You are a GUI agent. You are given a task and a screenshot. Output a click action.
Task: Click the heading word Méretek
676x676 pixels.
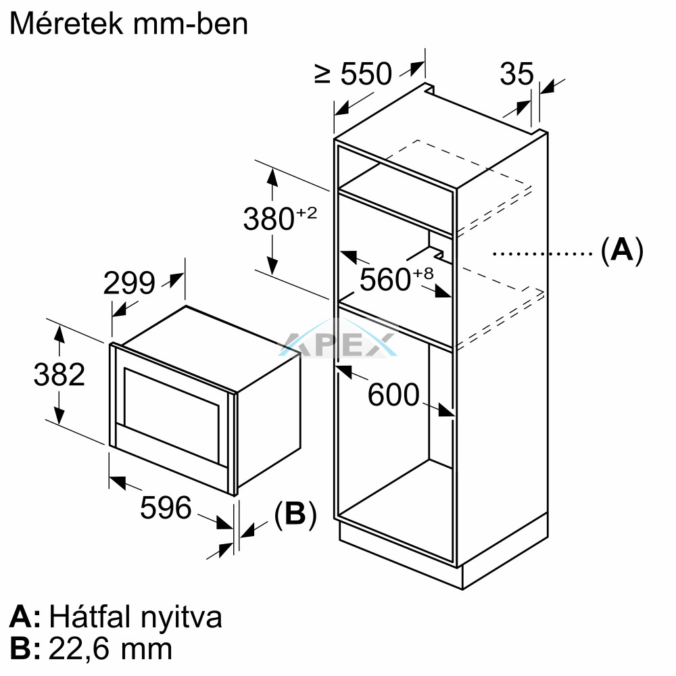point(67,24)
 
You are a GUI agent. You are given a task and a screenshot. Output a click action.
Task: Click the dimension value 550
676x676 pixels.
point(366,74)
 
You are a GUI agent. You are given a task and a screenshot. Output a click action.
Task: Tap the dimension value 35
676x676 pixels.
point(516,74)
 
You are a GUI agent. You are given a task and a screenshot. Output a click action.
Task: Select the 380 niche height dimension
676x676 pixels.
point(268,219)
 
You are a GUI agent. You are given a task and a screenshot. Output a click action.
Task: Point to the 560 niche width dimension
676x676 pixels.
point(385,279)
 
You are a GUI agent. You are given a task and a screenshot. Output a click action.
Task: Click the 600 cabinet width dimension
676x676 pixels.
point(393,394)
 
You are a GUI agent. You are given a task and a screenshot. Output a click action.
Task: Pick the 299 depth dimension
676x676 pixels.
point(129,283)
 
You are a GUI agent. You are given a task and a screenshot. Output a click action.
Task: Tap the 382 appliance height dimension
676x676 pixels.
point(59,375)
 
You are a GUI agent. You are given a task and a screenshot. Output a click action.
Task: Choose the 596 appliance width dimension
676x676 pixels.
point(166,508)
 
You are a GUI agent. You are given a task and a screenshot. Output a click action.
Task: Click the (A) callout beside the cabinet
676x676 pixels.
point(622,250)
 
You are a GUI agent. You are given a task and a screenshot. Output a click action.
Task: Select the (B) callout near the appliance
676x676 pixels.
point(295,514)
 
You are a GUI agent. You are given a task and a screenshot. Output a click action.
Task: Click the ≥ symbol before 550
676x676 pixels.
point(322,74)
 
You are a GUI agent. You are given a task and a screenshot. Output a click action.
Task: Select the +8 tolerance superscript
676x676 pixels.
point(423,273)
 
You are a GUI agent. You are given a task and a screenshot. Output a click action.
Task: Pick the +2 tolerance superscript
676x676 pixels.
point(306,212)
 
